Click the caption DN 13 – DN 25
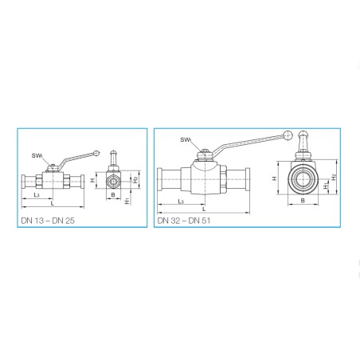[x=48, y=221]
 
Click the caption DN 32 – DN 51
[x=184, y=221]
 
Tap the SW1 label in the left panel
[x=37, y=155]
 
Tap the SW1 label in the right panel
[x=186, y=139]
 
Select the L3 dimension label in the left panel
[x=37, y=195]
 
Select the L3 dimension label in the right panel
[x=181, y=202]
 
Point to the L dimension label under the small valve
[x=53, y=204]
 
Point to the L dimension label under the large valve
[x=204, y=209]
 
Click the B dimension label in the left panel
[x=113, y=195]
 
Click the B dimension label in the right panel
[x=303, y=201]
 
